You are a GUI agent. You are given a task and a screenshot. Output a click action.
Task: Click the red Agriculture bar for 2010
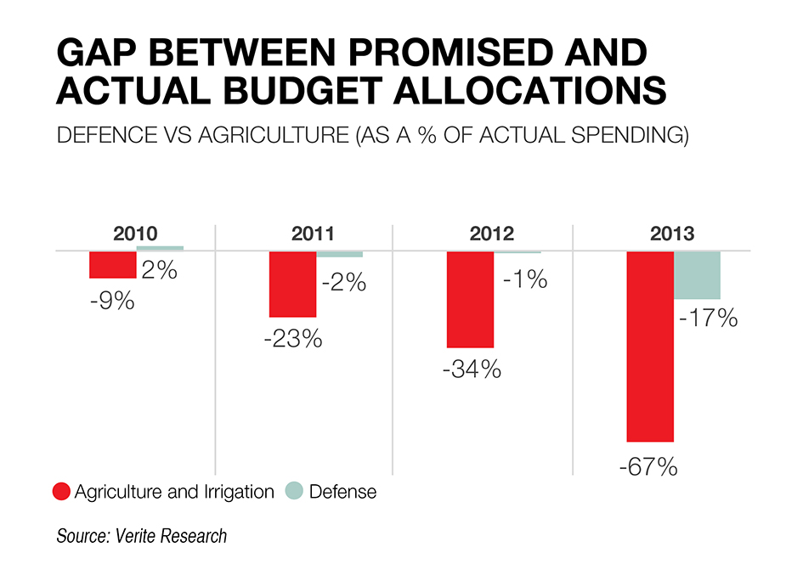[113, 265]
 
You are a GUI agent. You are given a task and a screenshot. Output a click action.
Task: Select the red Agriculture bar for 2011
[292, 285]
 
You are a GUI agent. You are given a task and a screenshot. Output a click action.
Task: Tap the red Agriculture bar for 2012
[470, 300]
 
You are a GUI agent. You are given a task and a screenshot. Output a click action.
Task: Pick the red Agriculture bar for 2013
[650, 347]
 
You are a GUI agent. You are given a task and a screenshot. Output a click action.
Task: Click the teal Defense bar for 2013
[697, 275]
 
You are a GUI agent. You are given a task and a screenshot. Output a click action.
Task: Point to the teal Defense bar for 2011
[340, 254]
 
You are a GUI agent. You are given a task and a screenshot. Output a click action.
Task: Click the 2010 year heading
[136, 234]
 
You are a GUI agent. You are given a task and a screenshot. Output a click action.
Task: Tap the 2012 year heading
[492, 234]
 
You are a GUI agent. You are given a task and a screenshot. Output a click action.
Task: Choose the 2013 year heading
[671, 234]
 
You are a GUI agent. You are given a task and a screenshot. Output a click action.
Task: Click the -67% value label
[647, 466]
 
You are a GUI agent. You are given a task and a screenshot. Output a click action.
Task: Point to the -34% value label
[471, 370]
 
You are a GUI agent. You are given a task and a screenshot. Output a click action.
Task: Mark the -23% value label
[292, 339]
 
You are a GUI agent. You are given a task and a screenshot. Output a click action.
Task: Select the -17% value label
[707, 320]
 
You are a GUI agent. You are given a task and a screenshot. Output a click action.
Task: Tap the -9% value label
[112, 300]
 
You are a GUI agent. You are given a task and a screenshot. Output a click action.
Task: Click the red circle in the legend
[61, 491]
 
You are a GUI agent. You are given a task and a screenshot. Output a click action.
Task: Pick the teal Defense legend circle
[293, 491]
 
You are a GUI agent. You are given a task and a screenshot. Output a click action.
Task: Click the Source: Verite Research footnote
[142, 537]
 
